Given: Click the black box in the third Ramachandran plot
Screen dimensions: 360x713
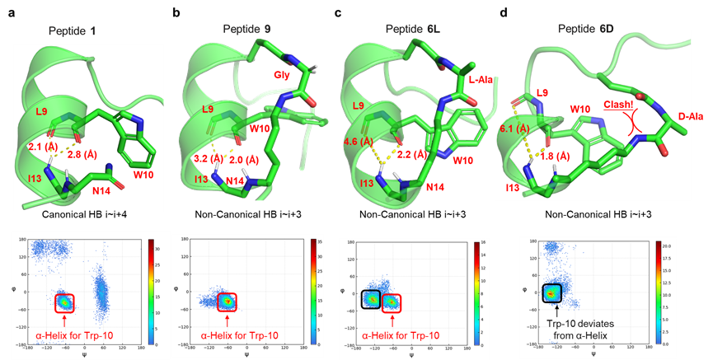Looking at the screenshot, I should click(x=371, y=301).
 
